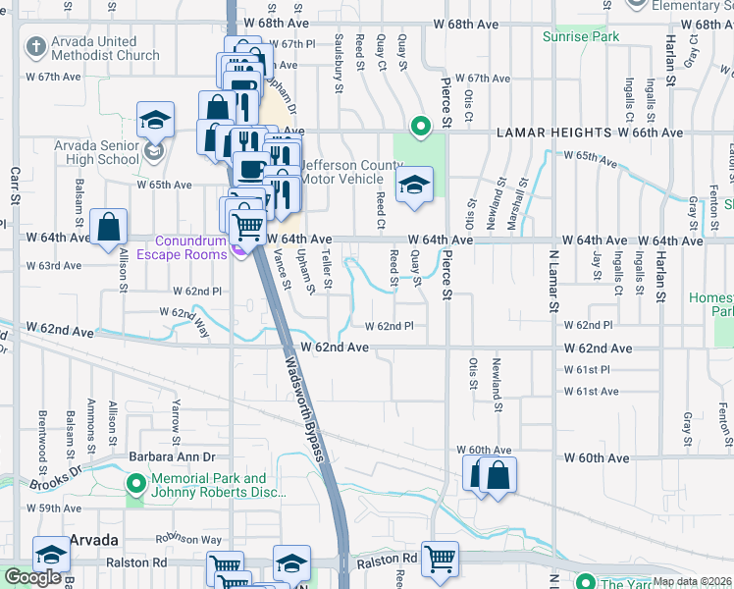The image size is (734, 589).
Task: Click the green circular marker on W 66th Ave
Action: tap(420, 126)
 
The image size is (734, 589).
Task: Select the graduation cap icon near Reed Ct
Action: tap(414, 186)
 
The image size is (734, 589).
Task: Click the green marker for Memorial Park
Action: tap(135, 483)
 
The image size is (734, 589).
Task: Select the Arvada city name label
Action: tap(94, 541)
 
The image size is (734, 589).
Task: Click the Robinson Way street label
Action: tap(192, 539)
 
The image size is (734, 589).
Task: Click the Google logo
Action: tap(33, 577)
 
